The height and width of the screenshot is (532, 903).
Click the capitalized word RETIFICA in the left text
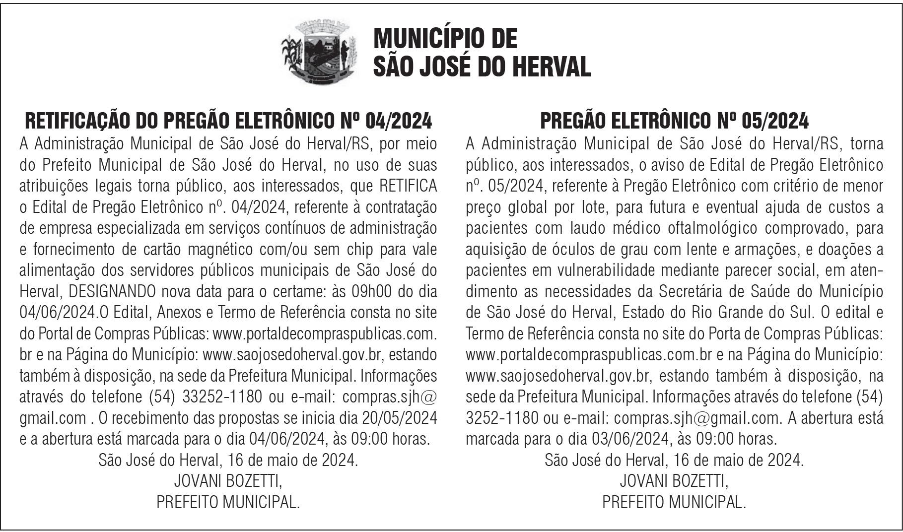(408, 186)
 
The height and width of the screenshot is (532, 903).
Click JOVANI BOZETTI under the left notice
(228, 481)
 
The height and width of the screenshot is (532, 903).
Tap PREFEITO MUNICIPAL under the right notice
(674, 503)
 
